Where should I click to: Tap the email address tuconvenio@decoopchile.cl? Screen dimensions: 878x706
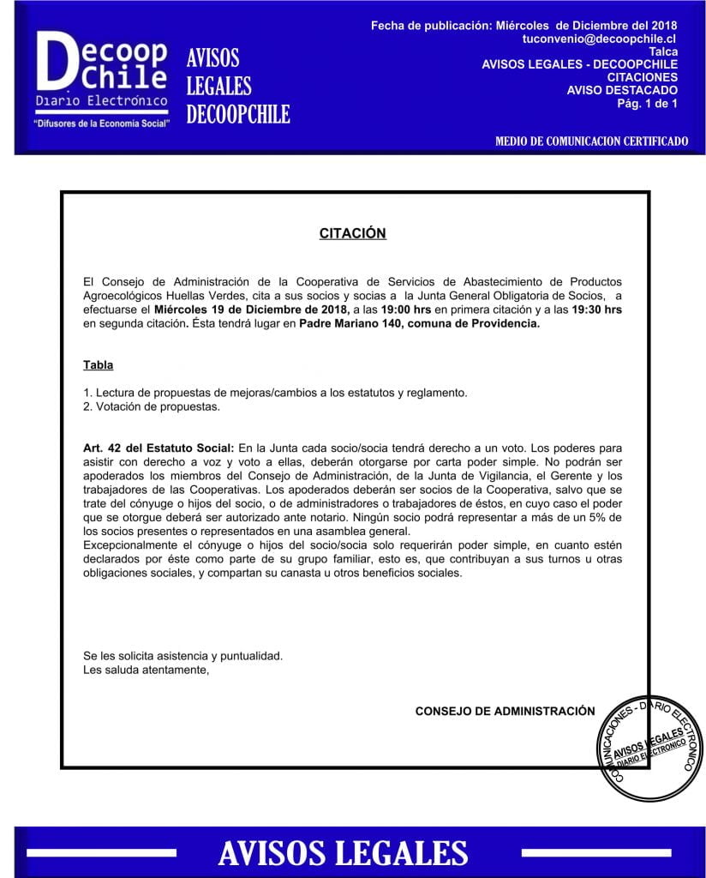click(599, 39)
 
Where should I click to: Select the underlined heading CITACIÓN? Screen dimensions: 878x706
click(352, 233)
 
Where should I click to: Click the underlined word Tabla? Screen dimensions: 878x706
click(99, 365)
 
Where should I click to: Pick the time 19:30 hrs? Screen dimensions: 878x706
click(597, 310)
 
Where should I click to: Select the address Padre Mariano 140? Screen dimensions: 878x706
click(352, 323)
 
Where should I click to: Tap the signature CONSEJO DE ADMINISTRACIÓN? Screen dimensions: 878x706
click(505, 711)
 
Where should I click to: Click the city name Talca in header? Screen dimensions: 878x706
click(663, 52)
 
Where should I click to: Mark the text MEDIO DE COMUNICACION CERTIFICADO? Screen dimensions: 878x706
click(591, 141)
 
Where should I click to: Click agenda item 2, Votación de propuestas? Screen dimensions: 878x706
click(152, 406)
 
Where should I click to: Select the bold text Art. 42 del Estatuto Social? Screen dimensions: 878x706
click(159, 448)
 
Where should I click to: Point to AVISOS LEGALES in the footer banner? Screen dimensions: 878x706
click(343, 853)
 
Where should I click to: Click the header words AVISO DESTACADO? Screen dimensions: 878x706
click(622, 90)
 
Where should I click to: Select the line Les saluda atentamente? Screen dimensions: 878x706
click(147, 670)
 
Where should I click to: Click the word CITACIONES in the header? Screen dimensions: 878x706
click(642, 77)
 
